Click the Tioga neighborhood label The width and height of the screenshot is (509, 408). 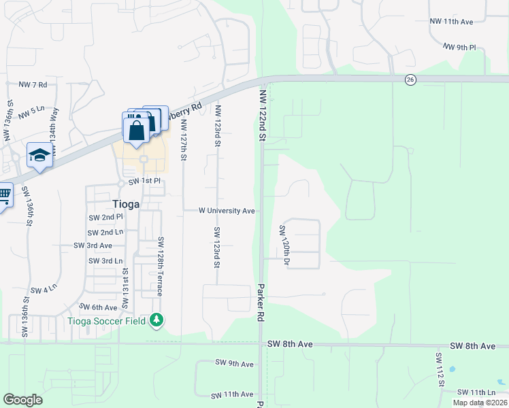[x=126, y=203]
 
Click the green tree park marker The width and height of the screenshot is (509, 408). [x=157, y=319]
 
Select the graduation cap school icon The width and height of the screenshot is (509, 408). [x=39, y=155]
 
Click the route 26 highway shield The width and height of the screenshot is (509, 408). [x=410, y=80]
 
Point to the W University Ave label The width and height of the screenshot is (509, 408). [x=227, y=211]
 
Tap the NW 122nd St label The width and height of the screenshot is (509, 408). [x=262, y=114]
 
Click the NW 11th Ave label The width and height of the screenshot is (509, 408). [x=451, y=22]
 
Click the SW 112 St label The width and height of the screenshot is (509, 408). [x=440, y=369]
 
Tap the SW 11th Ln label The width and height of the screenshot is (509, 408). [x=476, y=392]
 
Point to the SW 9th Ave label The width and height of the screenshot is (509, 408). [x=234, y=364]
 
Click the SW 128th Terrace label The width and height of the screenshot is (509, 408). [x=161, y=265]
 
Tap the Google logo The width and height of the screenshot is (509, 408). [x=22, y=399]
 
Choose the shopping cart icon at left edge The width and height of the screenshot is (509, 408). [x=3, y=195]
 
